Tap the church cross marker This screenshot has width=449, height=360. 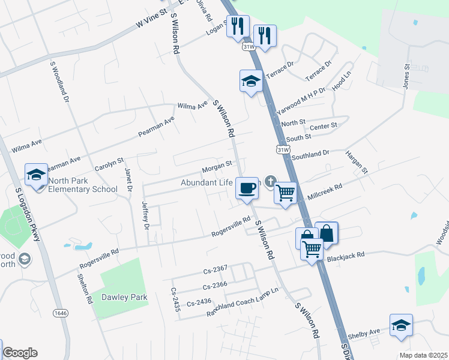click(271, 181)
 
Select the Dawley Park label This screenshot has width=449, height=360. click(124, 297)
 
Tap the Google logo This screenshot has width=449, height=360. click(20, 353)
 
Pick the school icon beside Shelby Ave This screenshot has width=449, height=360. click(401, 325)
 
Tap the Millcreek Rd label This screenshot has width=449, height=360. click(324, 191)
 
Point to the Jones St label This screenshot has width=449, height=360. click(406, 77)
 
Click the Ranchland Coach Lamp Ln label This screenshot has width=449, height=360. click(243, 302)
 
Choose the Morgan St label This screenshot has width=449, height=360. click(217, 164)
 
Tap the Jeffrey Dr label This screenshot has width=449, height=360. click(145, 215)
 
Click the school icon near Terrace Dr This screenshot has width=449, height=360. click(250, 81)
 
